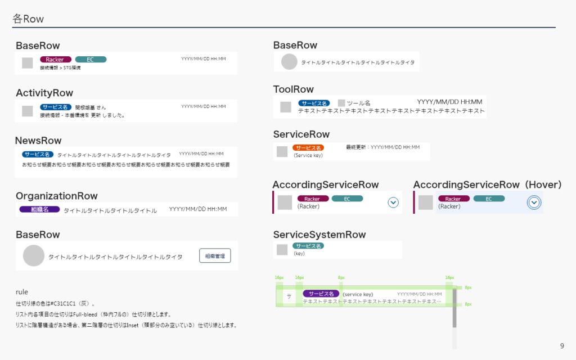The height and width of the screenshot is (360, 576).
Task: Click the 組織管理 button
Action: click(x=215, y=256)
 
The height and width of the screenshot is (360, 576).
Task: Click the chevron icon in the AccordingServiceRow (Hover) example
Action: click(x=534, y=202)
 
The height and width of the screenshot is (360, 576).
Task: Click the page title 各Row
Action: click(x=28, y=19)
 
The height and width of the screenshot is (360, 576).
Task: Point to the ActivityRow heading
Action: click(x=44, y=93)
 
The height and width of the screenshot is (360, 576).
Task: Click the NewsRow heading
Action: click(x=38, y=140)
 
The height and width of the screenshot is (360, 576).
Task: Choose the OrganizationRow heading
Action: click(x=57, y=196)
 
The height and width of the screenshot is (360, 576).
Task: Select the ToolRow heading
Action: click(x=294, y=89)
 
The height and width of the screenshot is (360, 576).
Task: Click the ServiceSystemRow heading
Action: click(x=319, y=235)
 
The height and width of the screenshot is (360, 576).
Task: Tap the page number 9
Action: click(x=562, y=345)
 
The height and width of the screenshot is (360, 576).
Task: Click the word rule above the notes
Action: click(x=22, y=292)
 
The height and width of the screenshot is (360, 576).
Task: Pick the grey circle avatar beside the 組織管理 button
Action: click(x=34, y=255)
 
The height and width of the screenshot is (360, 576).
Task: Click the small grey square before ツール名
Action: click(x=341, y=103)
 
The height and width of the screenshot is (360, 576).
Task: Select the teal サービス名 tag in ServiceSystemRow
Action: click(x=308, y=246)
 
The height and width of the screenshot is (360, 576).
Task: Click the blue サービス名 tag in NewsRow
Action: click(x=38, y=154)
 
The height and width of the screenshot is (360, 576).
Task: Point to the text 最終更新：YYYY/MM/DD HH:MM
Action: click(x=382, y=147)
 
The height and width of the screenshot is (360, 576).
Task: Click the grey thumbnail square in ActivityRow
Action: click(x=28, y=111)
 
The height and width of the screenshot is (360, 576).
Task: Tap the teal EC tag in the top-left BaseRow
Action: click(x=91, y=60)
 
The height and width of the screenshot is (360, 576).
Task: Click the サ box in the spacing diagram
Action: click(x=289, y=296)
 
